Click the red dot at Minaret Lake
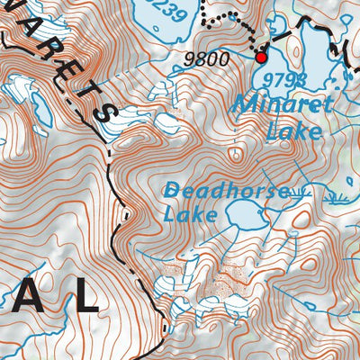click(262, 58)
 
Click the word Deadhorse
click(227, 191)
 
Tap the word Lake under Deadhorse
click(191, 215)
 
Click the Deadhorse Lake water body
click(243, 214)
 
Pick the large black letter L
click(85, 296)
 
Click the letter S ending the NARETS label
click(107, 112)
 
